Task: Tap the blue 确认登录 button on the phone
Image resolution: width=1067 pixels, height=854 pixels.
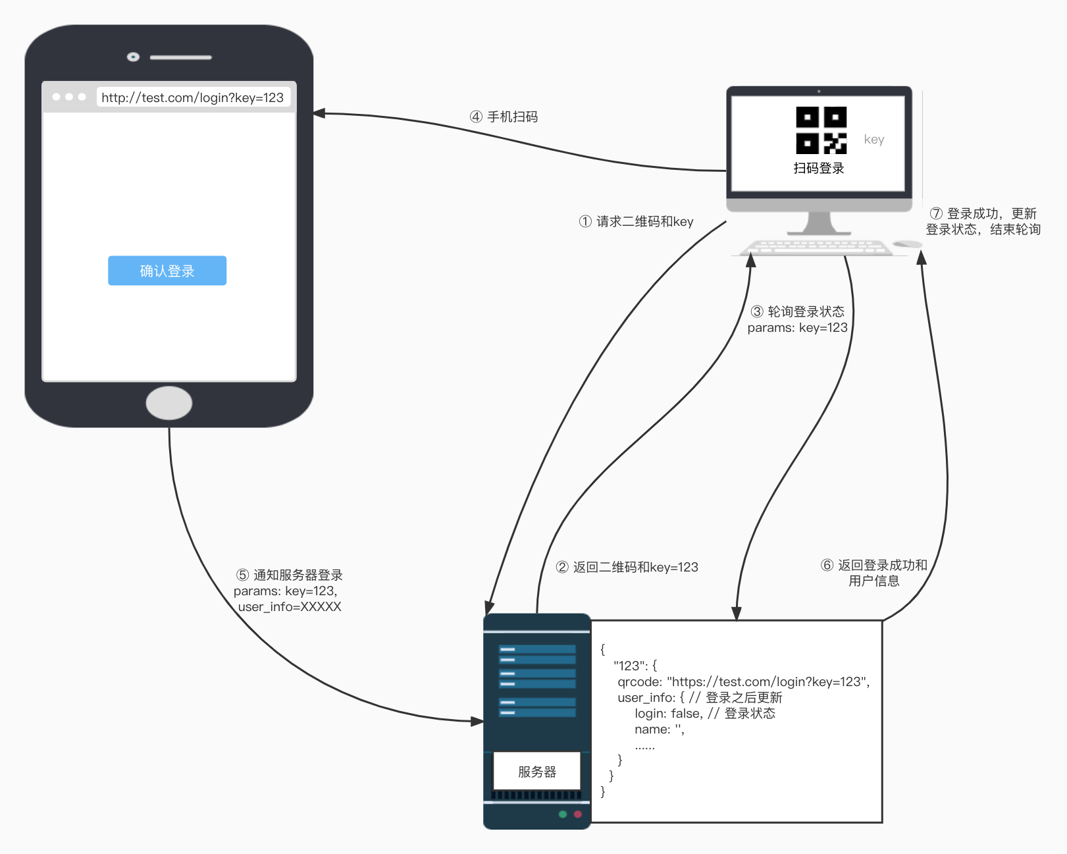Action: (x=167, y=271)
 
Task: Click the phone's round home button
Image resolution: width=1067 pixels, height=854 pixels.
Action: (x=169, y=403)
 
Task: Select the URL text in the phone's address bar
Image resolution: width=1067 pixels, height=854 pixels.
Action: (x=192, y=97)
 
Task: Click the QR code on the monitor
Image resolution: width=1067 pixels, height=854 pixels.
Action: (x=821, y=130)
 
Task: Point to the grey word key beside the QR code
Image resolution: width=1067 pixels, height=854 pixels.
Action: (x=873, y=140)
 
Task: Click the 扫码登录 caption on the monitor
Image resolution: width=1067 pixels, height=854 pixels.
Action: (x=819, y=168)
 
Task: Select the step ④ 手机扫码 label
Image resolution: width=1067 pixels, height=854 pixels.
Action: (x=504, y=117)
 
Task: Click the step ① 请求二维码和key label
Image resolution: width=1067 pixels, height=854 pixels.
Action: (x=636, y=221)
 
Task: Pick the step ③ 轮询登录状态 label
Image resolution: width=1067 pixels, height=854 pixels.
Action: (x=797, y=311)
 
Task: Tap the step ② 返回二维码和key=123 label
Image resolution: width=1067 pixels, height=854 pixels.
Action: (x=627, y=567)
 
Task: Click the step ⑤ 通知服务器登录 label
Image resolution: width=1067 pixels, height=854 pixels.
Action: (x=289, y=575)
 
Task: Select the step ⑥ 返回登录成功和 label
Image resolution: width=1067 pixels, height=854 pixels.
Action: (x=873, y=565)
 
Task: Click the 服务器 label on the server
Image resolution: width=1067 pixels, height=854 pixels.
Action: (x=537, y=772)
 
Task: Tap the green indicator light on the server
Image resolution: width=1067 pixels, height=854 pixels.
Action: (x=563, y=814)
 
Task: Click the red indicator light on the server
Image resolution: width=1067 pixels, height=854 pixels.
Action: (x=578, y=814)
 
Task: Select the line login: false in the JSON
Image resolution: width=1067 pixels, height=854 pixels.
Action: (x=704, y=714)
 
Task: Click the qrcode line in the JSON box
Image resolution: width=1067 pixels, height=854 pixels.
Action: (x=744, y=682)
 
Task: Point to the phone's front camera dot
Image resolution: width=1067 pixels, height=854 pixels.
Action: (x=133, y=57)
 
